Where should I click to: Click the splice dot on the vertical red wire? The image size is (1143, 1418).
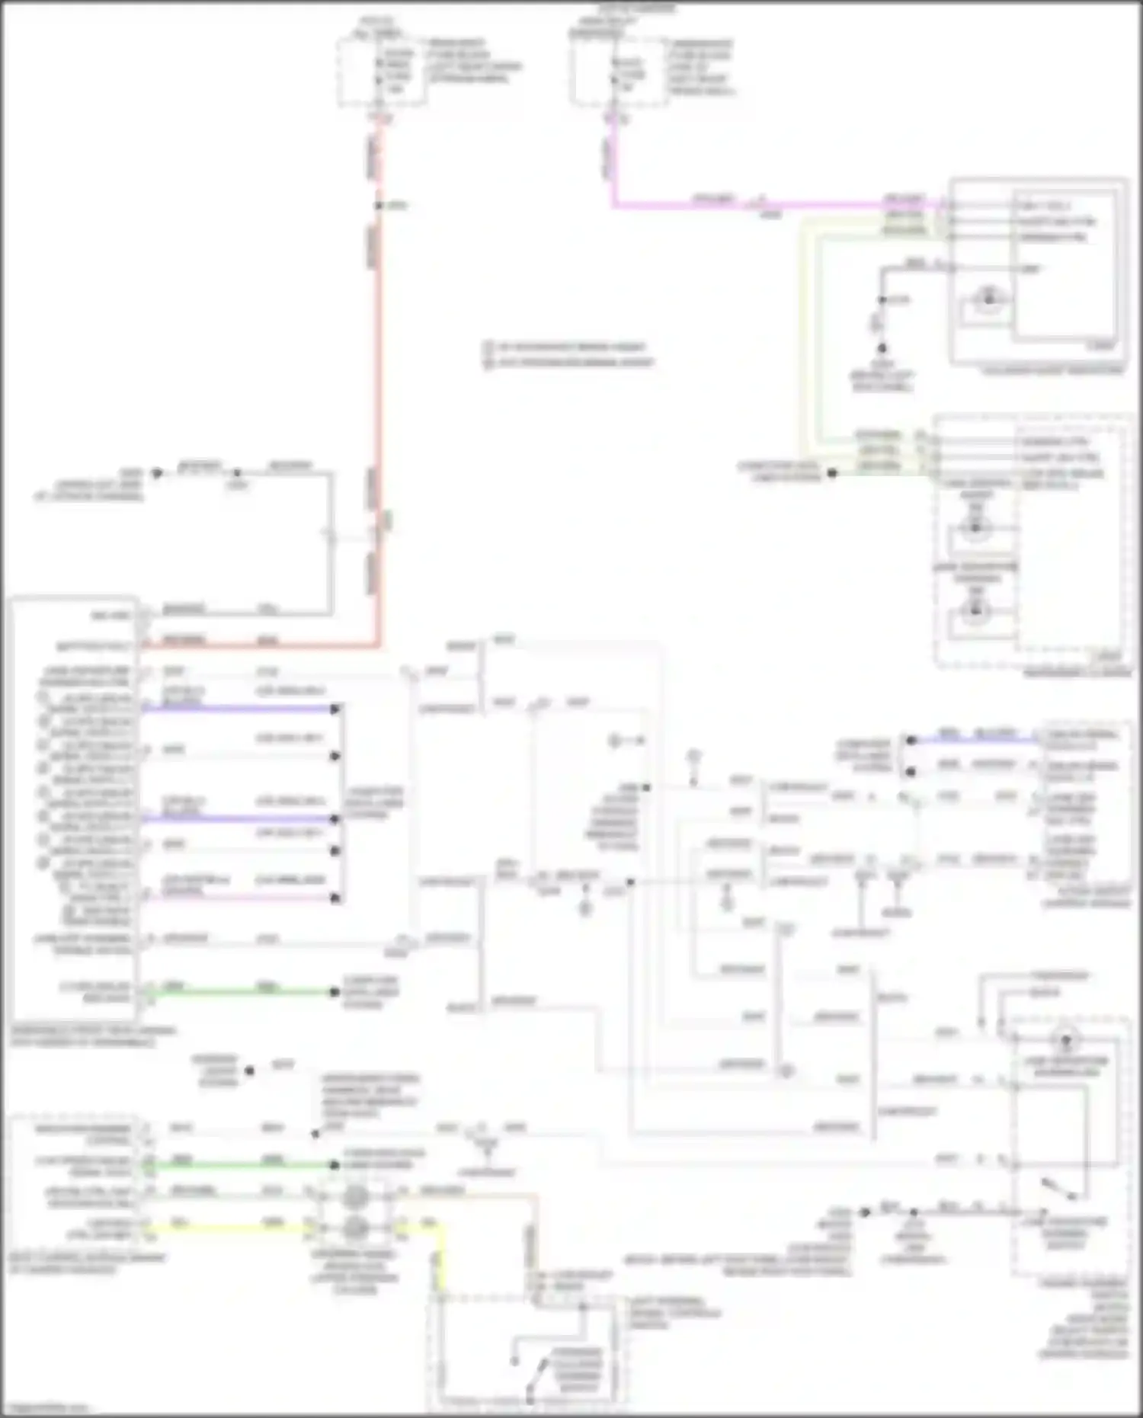(x=379, y=206)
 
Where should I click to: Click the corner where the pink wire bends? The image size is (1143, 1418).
(x=613, y=205)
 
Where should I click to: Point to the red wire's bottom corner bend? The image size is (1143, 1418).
(x=379, y=647)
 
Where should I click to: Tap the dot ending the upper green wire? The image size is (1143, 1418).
(x=334, y=992)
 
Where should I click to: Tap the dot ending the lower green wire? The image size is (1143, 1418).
(x=334, y=1164)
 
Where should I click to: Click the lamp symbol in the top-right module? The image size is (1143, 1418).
(x=988, y=299)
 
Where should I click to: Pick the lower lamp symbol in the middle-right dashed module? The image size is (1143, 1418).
(x=975, y=610)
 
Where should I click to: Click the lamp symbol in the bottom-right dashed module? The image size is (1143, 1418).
(x=1065, y=1039)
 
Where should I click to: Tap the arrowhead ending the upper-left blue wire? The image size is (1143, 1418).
(x=335, y=709)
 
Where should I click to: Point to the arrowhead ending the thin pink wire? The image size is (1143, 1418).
(x=335, y=898)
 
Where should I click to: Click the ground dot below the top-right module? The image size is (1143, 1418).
(x=882, y=348)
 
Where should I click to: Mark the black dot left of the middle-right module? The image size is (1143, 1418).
(x=832, y=473)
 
